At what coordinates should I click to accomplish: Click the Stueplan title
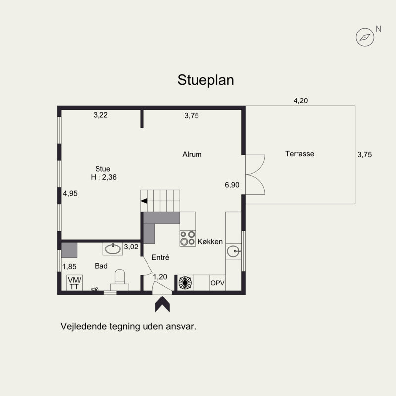205,80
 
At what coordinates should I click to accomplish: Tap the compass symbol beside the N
365,37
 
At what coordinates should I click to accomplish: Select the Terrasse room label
299,154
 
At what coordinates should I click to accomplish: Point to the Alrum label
192,154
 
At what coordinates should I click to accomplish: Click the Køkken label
210,242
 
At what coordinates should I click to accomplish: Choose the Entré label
160,257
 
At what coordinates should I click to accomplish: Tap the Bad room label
101,266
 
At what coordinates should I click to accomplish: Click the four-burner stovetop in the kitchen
188,238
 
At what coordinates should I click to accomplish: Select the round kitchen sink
233,251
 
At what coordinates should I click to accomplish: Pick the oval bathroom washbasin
113,249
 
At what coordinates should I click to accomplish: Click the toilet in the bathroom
120,280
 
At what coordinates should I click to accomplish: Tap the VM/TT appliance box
75,283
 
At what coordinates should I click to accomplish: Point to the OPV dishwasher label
217,283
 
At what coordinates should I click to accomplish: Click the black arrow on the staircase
144,201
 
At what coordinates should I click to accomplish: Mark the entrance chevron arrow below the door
162,304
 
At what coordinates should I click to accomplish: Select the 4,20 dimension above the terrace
300,101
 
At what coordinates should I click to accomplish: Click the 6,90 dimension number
232,185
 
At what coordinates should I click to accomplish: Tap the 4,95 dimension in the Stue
70,193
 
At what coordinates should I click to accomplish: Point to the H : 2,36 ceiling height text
104,177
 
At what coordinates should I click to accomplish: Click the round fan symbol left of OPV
185,283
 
